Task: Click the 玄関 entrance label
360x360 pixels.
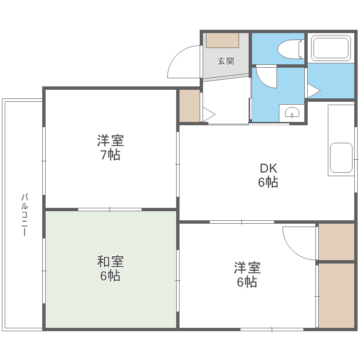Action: click(x=226, y=61)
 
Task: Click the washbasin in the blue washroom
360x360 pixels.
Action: click(x=292, y=113)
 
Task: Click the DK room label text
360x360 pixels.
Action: click(x=268, y=168)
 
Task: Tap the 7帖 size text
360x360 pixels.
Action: click(x=110, y=155)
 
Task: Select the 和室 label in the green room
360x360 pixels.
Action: click(x=110, y=262)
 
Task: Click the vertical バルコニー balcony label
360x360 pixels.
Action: click(x=24, y=214)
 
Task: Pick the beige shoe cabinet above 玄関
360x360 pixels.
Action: click(x=222, y=40)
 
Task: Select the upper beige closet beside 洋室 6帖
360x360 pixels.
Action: click(x=336, y=241)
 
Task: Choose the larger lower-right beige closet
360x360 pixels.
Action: click(x=336, y=295)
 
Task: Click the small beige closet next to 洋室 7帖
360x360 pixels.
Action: click(x=189, y=106)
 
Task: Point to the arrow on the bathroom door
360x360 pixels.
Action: click(x=314, y=90)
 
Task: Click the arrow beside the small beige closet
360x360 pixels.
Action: click(x=209, y=114)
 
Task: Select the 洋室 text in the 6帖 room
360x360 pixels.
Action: click(x=247, y=267)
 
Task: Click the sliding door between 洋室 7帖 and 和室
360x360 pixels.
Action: click(x=110, y=209)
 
